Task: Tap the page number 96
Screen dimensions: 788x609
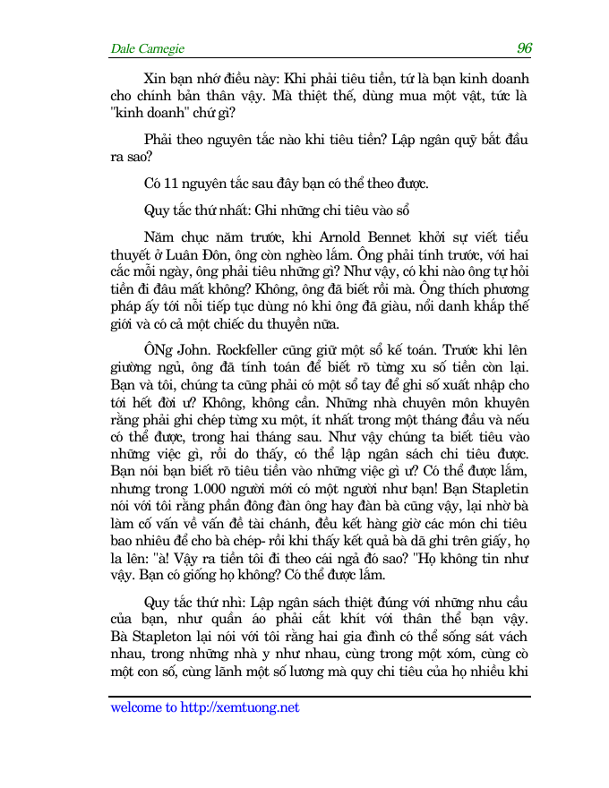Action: pos(525,48)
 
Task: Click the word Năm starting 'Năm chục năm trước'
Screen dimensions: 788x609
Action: pos(158,237)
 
